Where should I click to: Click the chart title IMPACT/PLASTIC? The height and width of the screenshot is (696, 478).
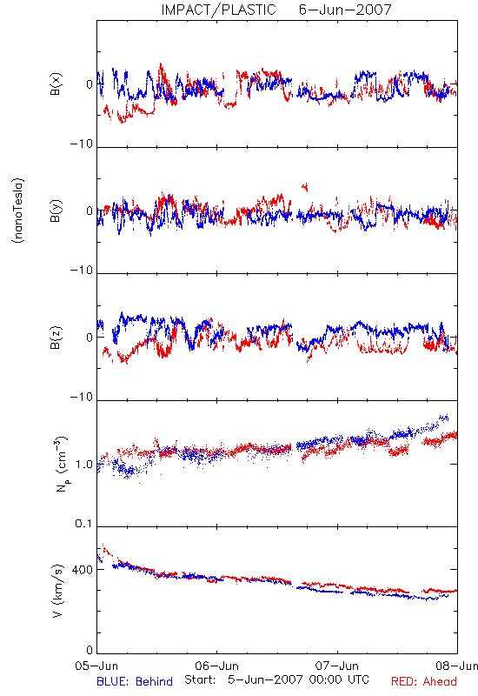218,10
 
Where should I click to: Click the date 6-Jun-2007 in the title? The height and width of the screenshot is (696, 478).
345,10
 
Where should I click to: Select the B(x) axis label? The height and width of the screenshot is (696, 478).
56,84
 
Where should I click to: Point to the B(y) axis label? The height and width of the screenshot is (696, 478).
56,211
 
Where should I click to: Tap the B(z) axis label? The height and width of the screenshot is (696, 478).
56,338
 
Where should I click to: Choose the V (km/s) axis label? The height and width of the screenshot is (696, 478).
57,591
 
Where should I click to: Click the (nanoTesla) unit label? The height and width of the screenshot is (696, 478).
18,211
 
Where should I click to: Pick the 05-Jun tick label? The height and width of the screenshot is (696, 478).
96,666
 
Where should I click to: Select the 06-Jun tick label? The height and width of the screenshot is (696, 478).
216,666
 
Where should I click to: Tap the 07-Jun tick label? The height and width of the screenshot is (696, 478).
337,666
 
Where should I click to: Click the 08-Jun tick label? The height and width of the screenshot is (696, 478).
457,666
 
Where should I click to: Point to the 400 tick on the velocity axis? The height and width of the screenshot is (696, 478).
82,570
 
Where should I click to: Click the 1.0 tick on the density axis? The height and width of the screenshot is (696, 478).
84,465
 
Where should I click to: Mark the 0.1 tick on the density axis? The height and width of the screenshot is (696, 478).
84,524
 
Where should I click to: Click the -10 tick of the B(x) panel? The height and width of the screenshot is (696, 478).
82,144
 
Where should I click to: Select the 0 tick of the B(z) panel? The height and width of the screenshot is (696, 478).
90,338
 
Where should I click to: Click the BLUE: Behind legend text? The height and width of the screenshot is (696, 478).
135,681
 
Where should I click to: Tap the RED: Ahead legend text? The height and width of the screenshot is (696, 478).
424,681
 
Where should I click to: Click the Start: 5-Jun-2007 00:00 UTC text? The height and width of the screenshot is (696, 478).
276,679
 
